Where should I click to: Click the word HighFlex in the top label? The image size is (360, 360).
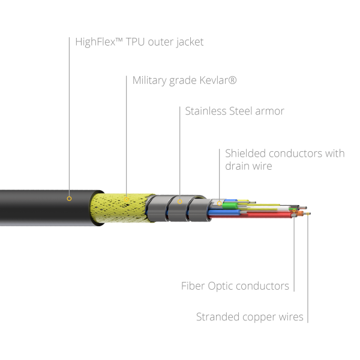pos(95,42)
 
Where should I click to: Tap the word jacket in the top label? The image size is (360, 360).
pos(190,43)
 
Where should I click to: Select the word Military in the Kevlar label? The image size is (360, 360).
pos(149,81)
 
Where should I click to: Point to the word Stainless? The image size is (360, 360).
pos(206,111)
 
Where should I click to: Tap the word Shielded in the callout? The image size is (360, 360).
pos(245,154)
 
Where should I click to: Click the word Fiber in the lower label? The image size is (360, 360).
pos(193,286)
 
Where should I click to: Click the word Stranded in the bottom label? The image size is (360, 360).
pos(218,317)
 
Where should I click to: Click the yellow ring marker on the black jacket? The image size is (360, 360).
pos(69,199)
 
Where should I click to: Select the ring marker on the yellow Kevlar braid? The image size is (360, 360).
pos(126,199)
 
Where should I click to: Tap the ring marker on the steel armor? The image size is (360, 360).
pos(180,202)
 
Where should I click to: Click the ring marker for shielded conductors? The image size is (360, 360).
pos(219,203)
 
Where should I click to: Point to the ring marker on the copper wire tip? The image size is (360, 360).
pos(308,214)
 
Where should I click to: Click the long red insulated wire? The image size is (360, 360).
pos(250,215)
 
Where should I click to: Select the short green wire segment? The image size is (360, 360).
pos(230,205)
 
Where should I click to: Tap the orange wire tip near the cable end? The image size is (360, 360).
pos(300,214)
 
